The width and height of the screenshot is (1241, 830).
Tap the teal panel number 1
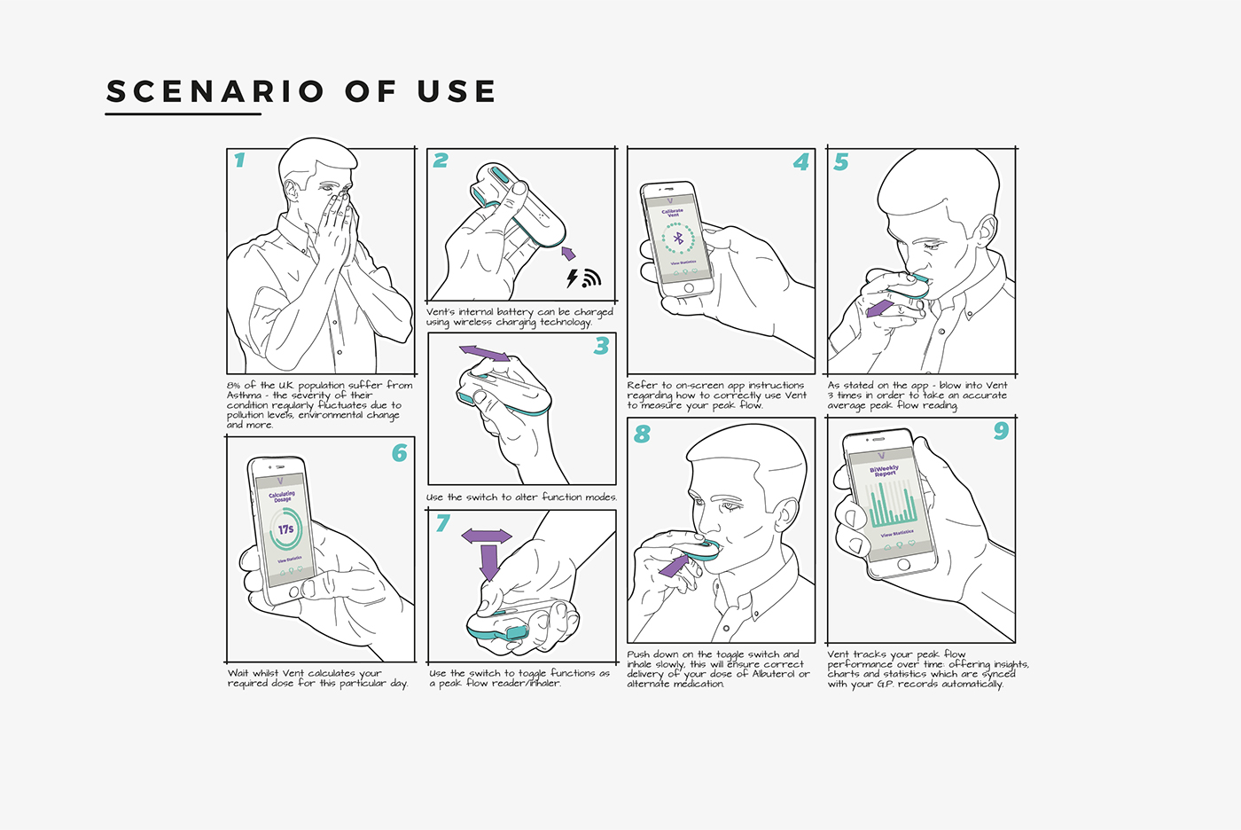239,161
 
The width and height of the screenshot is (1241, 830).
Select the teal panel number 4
801,162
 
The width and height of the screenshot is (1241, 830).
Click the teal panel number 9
1001,431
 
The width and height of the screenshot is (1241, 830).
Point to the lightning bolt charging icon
573,278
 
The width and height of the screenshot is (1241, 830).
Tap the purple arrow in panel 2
568,254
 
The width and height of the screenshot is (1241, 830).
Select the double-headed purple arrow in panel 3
484,353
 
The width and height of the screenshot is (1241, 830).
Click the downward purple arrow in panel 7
488,561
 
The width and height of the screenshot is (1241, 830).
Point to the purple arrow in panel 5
879,309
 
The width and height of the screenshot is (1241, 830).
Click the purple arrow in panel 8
674,565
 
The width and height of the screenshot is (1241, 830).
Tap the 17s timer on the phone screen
285,529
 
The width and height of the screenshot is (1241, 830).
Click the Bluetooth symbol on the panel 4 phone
679,238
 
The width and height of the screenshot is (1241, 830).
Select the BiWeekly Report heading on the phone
885,471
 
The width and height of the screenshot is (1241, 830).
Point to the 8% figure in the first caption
234,386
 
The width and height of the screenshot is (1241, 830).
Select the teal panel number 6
400,453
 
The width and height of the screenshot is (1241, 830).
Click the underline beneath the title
183,114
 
